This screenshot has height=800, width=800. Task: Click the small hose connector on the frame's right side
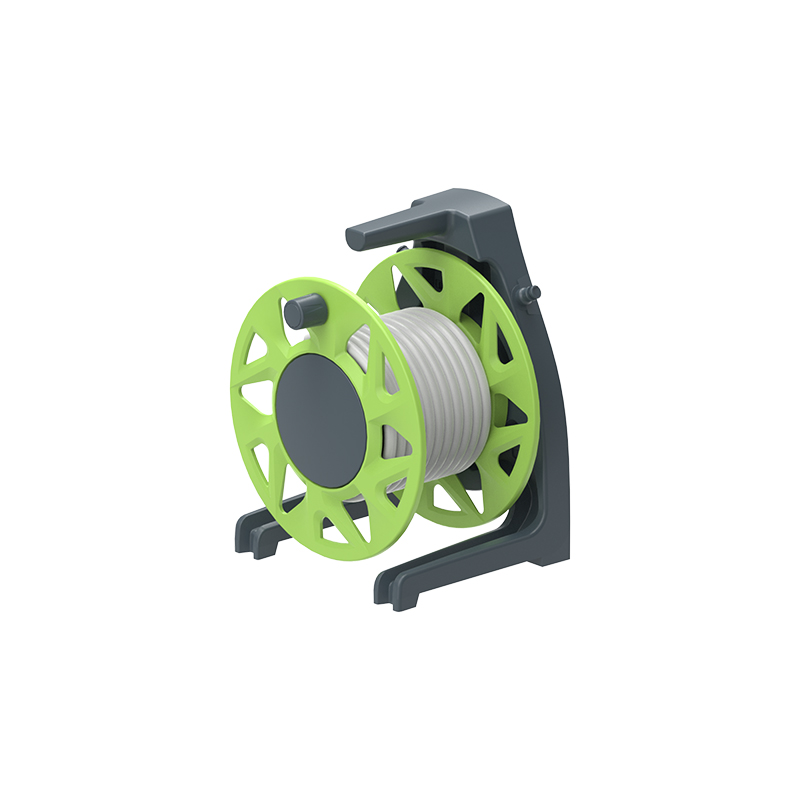pos(530,292)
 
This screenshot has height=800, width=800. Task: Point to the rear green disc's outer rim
pos(530,400)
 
